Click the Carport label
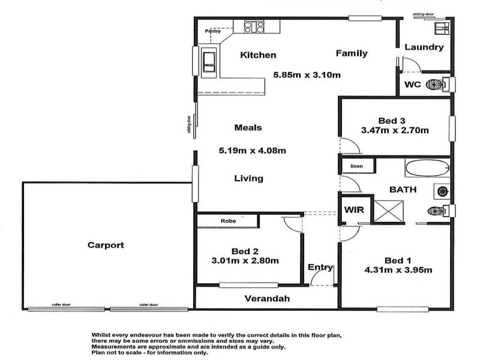[106, 245]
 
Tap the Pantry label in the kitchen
[213, 31]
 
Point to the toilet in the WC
[436, 84]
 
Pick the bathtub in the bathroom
[425, 168]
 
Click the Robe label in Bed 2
[228, 221]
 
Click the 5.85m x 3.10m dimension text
[307, 75]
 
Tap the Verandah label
[267, 298]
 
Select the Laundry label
[424, 47]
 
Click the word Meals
[248, 127]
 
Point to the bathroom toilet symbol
[436, 210]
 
